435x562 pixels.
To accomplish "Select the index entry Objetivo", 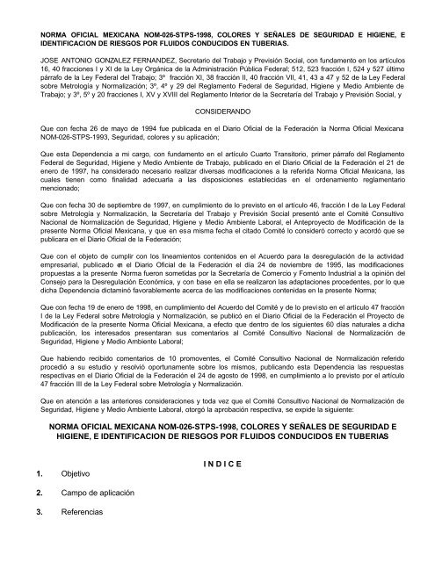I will [x=76, y=498].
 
